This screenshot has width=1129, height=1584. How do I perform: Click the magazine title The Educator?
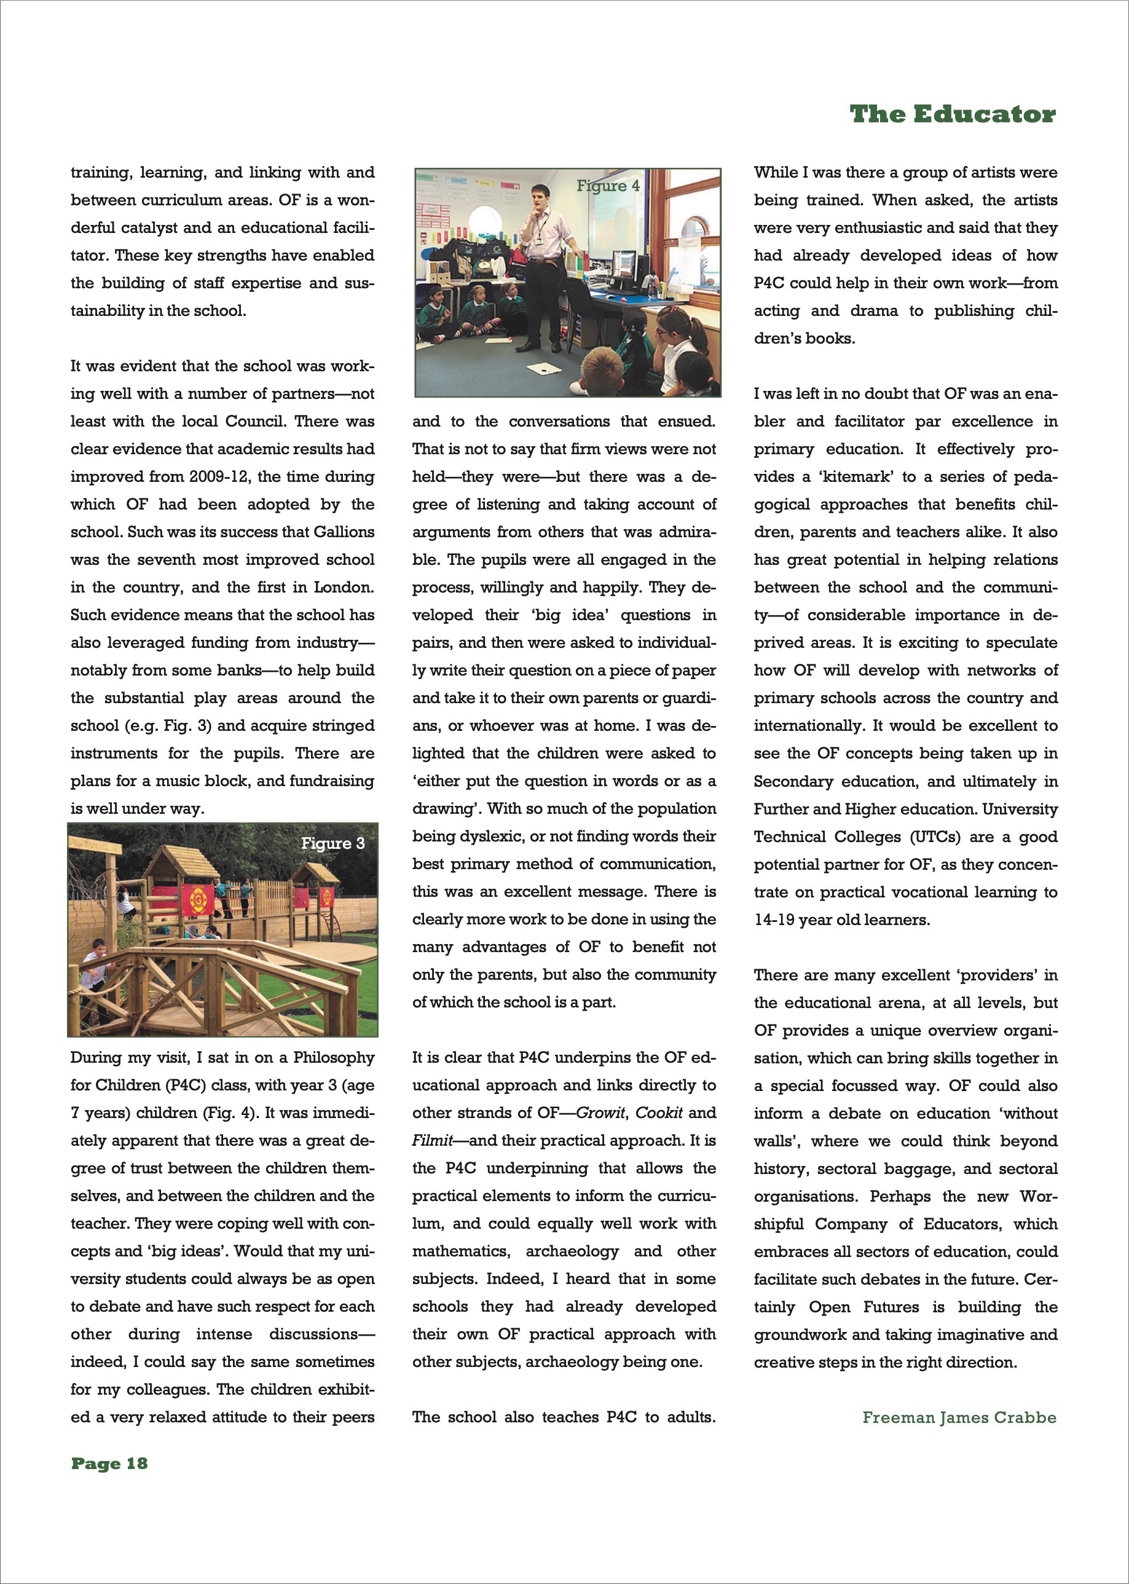(953, 114)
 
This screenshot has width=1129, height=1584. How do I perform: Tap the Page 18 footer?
(109, 1463)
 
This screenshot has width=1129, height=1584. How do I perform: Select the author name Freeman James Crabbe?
(959, 1417)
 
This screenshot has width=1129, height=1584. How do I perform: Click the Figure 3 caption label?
(332, 843)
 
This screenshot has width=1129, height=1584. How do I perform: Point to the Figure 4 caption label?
(608, 186)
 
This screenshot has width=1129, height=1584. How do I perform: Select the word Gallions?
(344, 532)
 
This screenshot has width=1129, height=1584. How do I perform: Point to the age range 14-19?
(774, 920)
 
